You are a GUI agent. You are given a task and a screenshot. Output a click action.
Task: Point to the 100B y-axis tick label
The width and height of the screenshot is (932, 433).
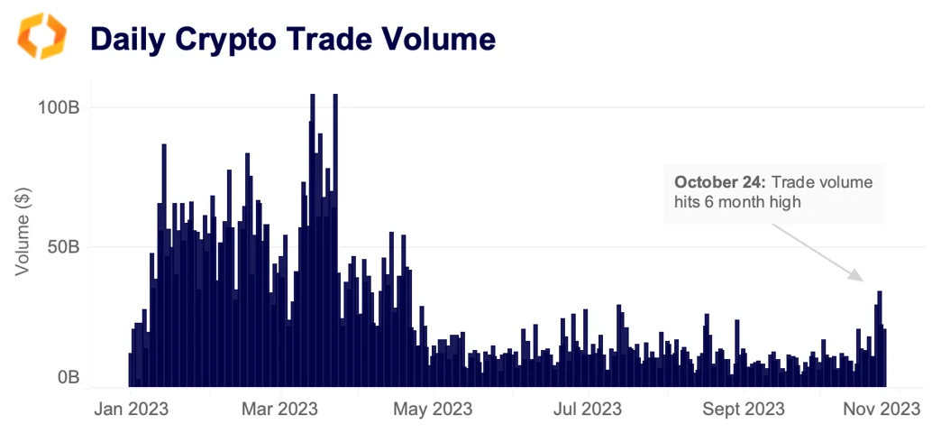pos(59,107)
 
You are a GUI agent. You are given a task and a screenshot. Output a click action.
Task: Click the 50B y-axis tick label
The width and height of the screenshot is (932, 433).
pos(64,246)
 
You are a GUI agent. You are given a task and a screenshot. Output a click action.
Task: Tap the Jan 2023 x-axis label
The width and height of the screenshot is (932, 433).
pos(131,409)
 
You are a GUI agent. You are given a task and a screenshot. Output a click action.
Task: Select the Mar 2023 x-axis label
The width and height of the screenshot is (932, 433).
pos(280,409)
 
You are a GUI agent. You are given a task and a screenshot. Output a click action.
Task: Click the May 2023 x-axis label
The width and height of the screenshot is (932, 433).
pos(433,409)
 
